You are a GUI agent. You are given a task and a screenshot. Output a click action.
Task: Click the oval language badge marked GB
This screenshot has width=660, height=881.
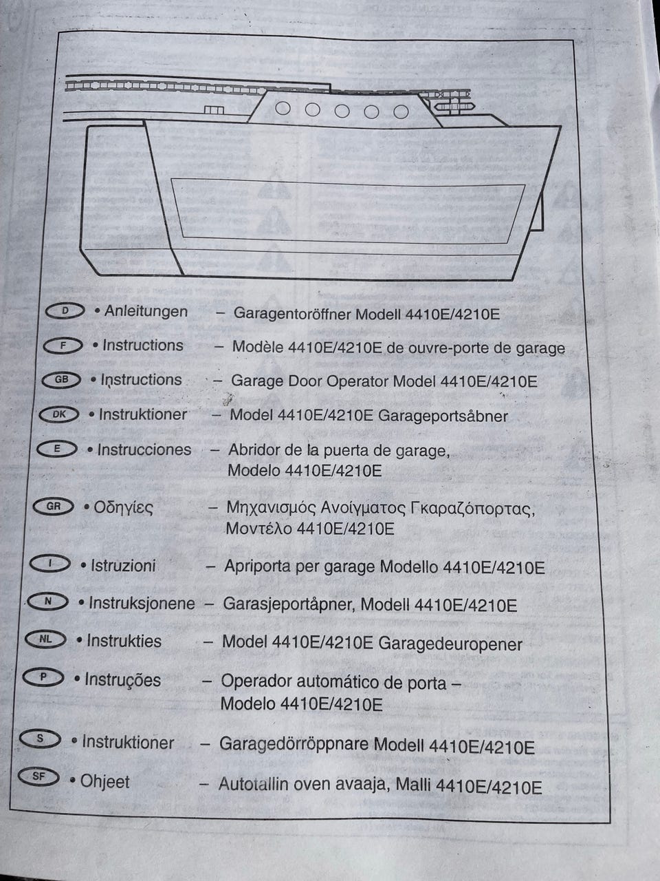click(61, 380)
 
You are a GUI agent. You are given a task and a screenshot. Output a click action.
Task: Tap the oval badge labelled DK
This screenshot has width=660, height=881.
click(59, 414)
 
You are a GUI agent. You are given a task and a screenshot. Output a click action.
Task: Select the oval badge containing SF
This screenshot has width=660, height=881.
click(39, 776)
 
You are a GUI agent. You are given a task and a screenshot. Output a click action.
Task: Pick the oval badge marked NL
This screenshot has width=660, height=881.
click(45, 639)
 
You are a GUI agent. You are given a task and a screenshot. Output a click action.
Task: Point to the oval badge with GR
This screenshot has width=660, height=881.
click(54, 507)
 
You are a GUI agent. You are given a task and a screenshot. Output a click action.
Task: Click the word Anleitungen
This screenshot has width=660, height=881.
click(146, 312)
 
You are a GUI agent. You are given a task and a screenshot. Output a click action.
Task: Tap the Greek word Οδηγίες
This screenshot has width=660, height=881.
click(124, 508)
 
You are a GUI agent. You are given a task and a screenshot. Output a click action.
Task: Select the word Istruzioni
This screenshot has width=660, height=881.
click(123, 566)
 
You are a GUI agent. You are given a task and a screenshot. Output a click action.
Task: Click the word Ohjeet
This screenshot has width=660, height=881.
click(105, 781)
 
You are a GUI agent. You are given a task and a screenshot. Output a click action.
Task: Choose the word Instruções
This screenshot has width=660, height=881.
click(122, 680)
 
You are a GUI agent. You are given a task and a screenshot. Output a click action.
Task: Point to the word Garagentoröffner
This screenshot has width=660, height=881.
click(293, 313)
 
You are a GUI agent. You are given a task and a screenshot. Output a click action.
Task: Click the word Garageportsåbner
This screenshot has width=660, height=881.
click(443, 416)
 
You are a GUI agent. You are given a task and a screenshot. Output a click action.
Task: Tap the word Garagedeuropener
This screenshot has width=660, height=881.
click(450, 644)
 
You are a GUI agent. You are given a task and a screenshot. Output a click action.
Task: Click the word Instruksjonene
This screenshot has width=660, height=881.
click(142, 603)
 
